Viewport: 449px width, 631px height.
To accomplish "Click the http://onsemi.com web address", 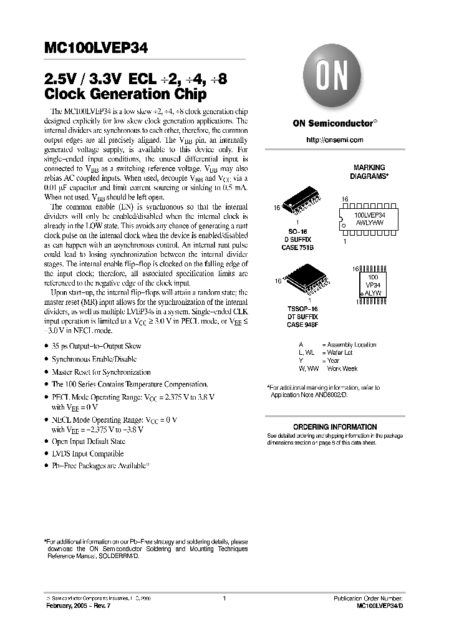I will pos(334,140).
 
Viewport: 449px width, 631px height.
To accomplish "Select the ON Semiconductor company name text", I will pos(334,123).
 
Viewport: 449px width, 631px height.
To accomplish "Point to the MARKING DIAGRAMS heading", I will pos(369,171).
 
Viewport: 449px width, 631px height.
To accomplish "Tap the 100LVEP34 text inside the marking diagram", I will pos(369,214).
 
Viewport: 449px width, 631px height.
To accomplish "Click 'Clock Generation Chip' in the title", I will pos(125,95).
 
